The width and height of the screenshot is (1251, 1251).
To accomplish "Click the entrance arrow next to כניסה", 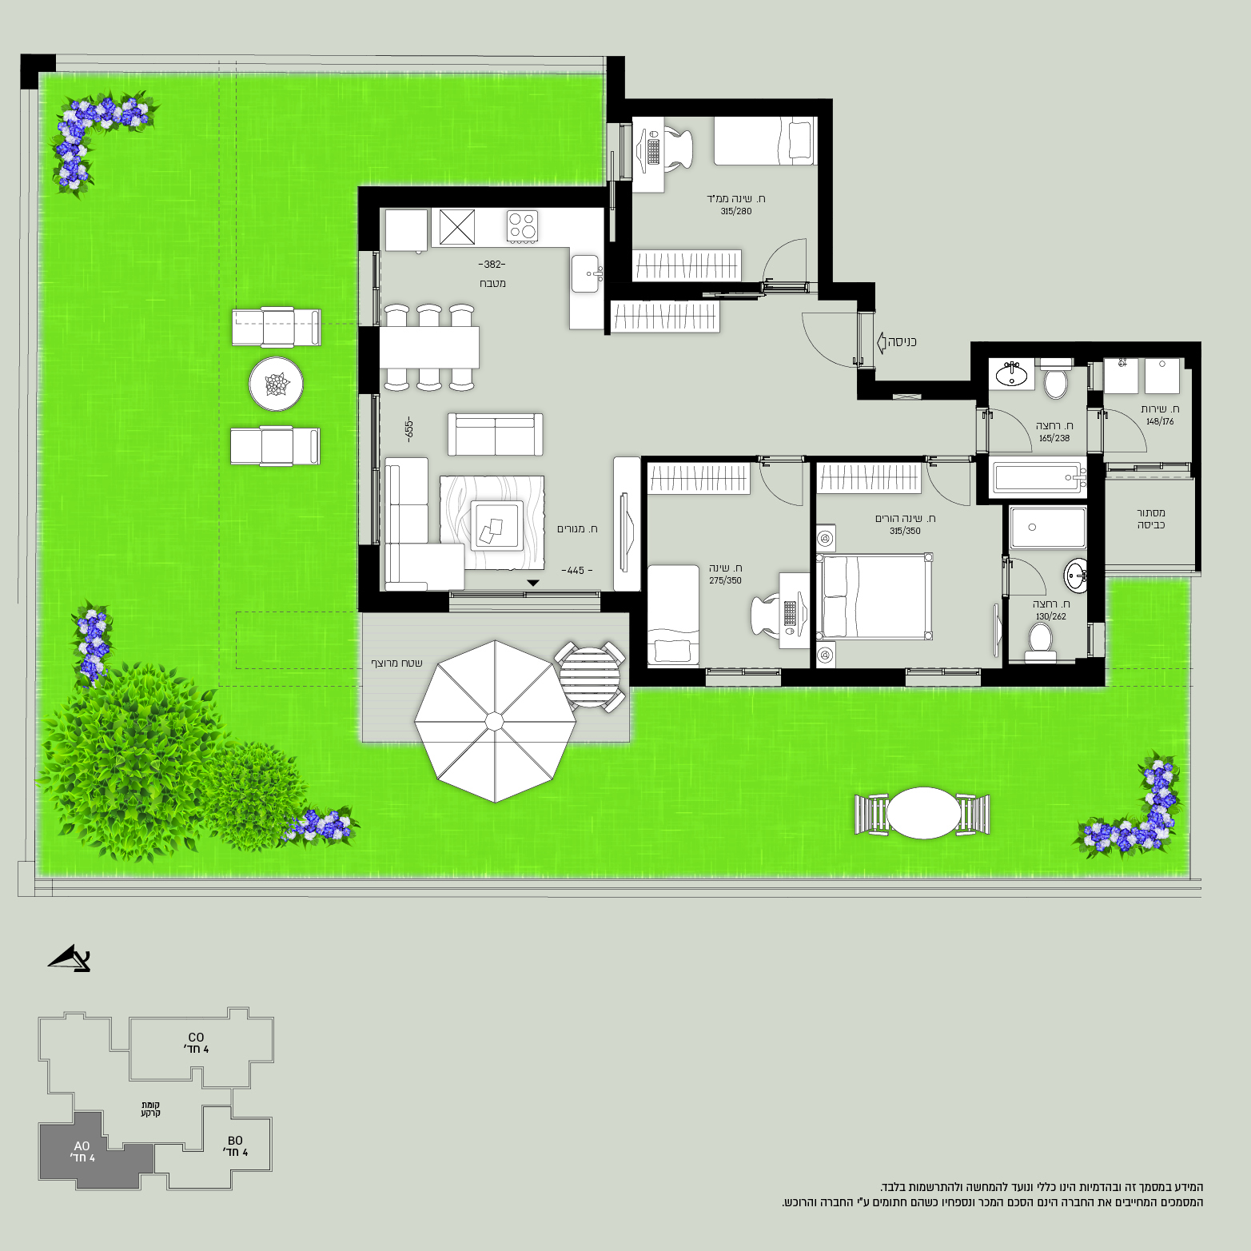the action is [881, 342].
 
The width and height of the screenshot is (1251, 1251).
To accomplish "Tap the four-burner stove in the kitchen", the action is [523, 225].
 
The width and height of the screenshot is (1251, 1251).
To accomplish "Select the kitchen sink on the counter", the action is [586, 273].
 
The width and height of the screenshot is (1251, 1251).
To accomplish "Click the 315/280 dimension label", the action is [735, 212].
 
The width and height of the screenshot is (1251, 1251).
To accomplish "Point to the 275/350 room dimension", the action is [725, 581].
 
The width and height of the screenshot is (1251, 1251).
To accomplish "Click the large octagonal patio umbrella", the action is [495, 721].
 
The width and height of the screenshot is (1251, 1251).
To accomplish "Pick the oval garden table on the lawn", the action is [923, 813].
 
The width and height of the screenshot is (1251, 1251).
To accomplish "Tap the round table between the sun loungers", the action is [276, 384].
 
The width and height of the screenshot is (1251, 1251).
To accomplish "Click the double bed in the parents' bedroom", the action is [875, 596].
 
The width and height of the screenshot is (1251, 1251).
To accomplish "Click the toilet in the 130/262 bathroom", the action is [1040, 643].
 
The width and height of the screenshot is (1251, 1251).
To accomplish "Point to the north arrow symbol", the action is [70, 958].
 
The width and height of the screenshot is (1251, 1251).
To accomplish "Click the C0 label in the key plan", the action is [196, 1038].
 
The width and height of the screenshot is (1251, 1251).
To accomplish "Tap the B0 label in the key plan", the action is [235, 1141].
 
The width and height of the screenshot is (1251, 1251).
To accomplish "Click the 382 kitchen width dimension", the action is [492, 265].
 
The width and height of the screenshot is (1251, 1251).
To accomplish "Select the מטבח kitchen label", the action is [492, 284].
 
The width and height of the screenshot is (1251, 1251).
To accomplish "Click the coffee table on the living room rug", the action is [496, 524].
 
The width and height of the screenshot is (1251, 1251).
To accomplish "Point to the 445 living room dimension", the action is [576, 571].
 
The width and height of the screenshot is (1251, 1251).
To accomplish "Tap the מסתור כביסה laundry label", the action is [1151, 519].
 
